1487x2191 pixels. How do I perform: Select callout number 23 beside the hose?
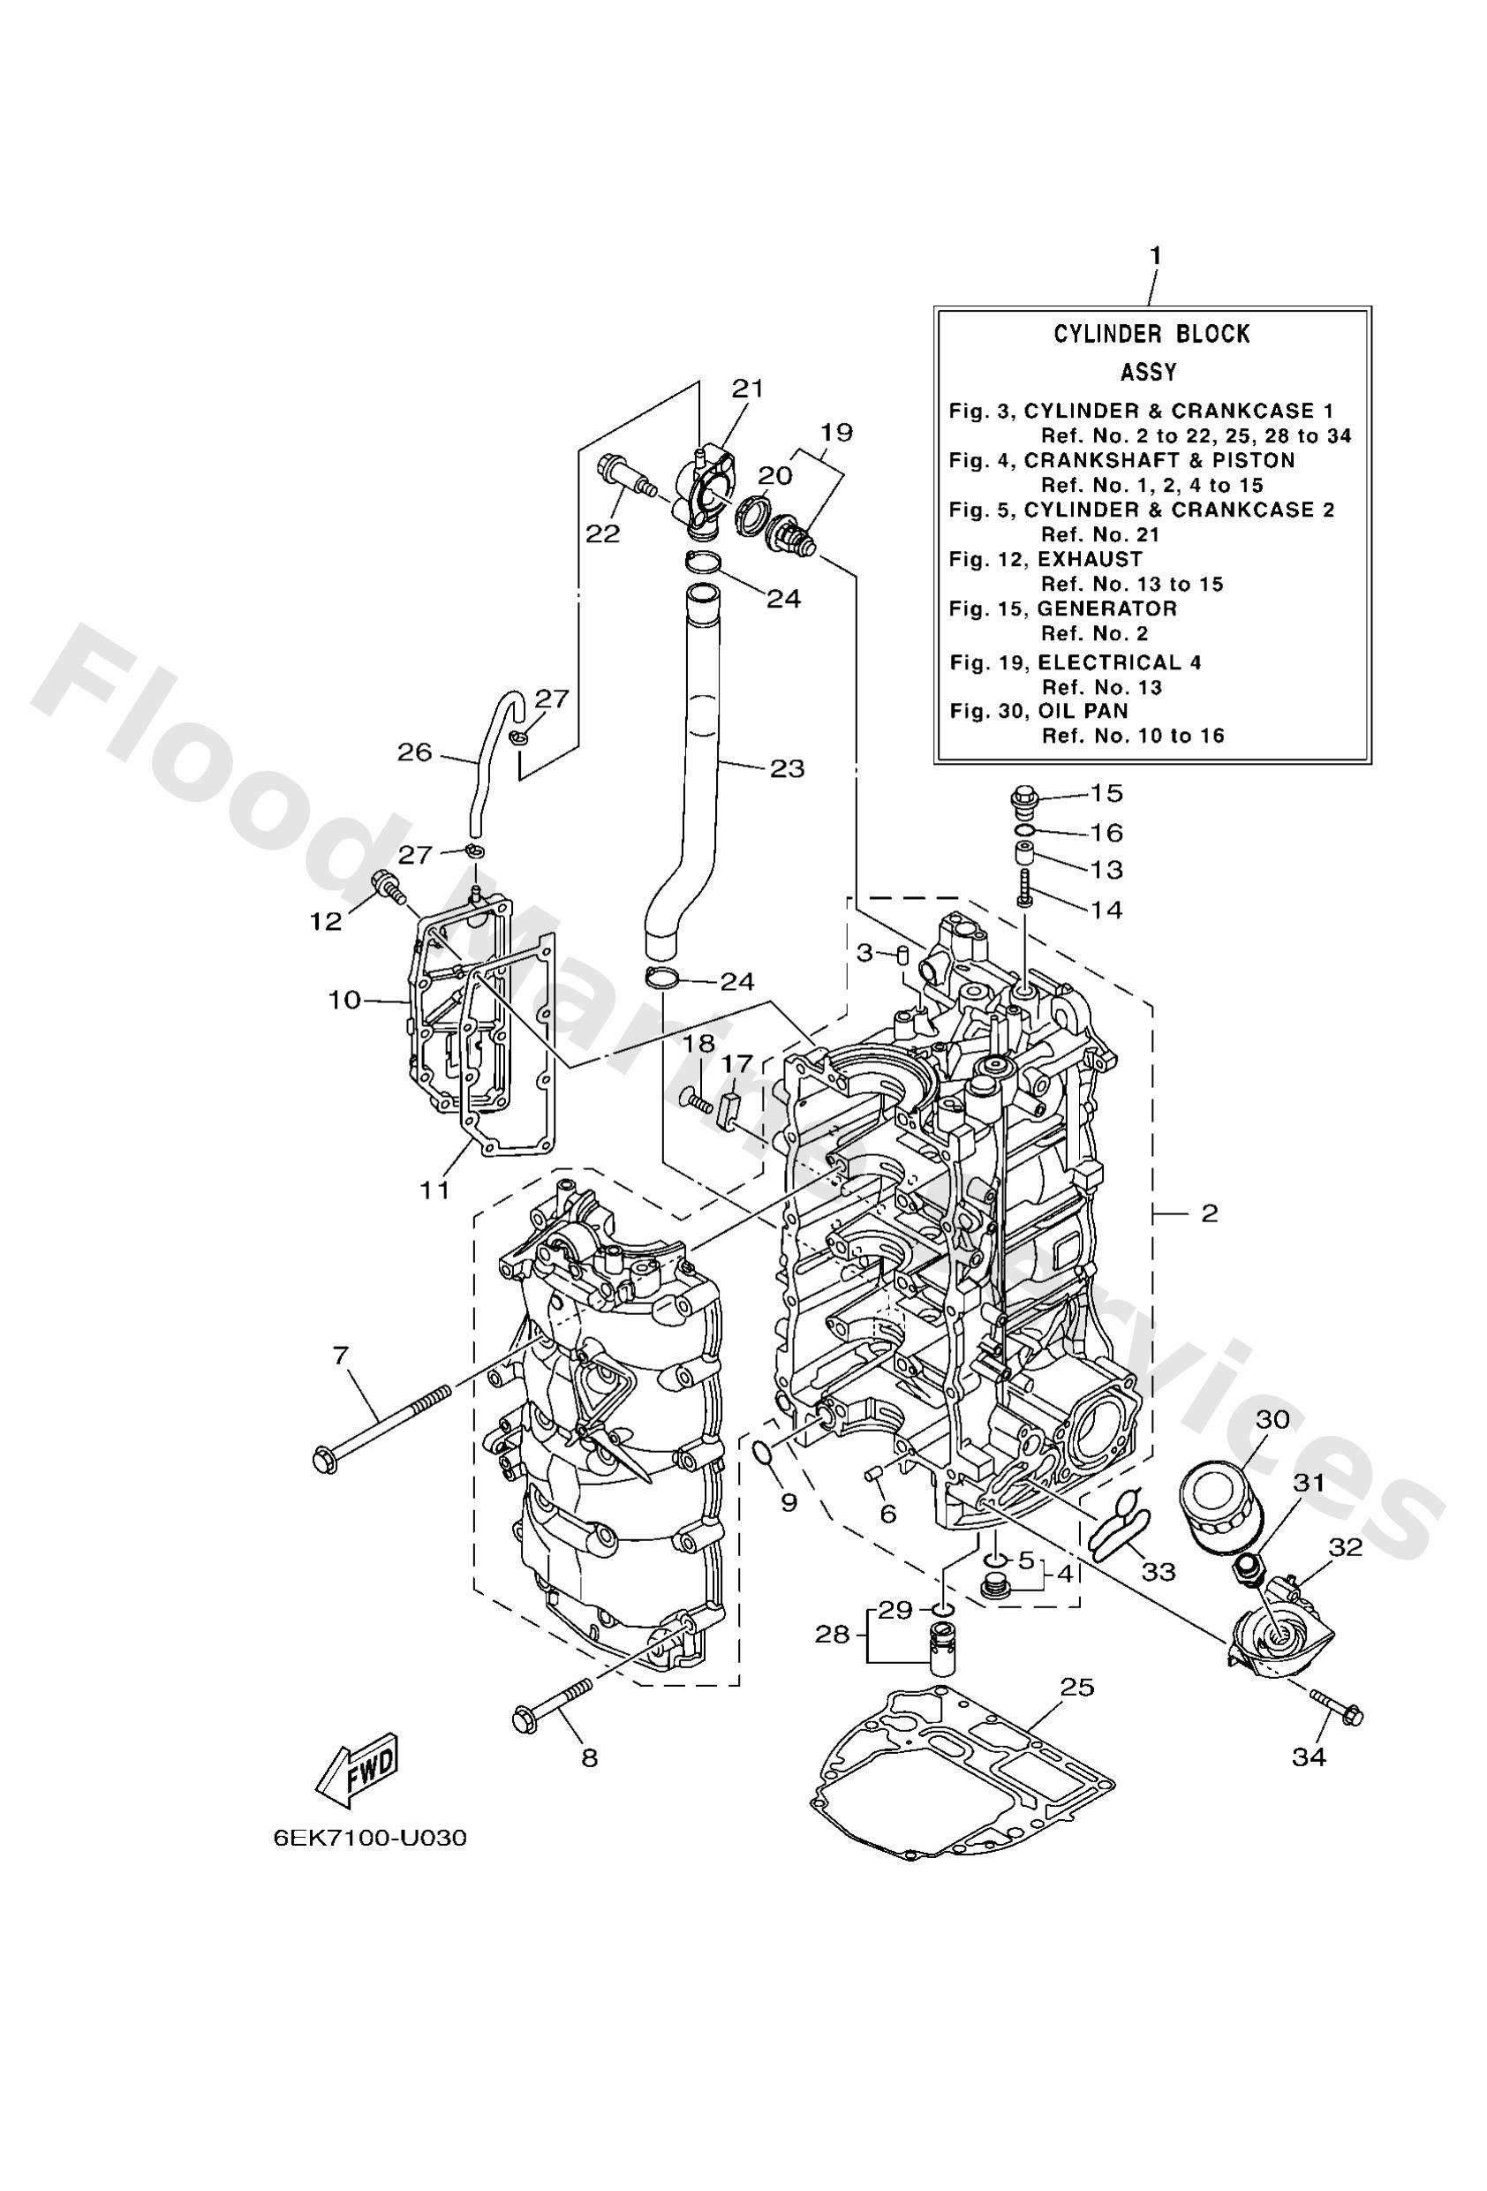[x=787, y=768]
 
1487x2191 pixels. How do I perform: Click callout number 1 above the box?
[x=1154, y=255]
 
